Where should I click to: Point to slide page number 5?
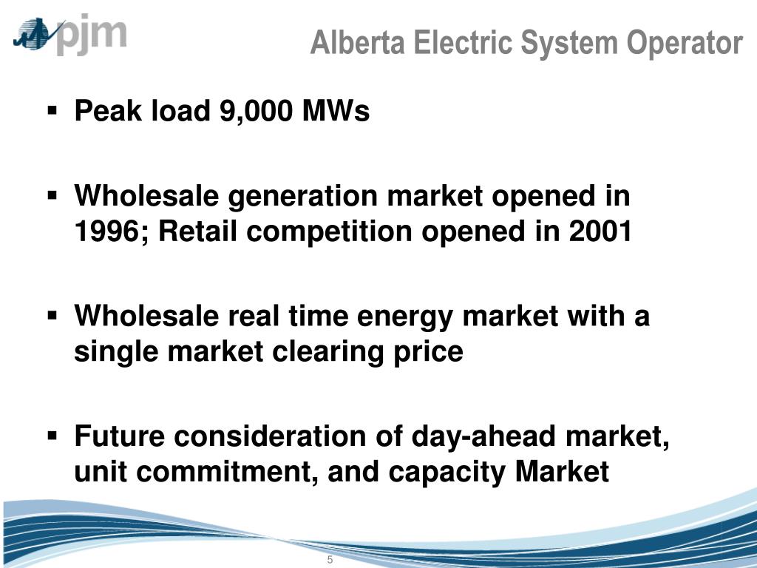click(x=330, y=559)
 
